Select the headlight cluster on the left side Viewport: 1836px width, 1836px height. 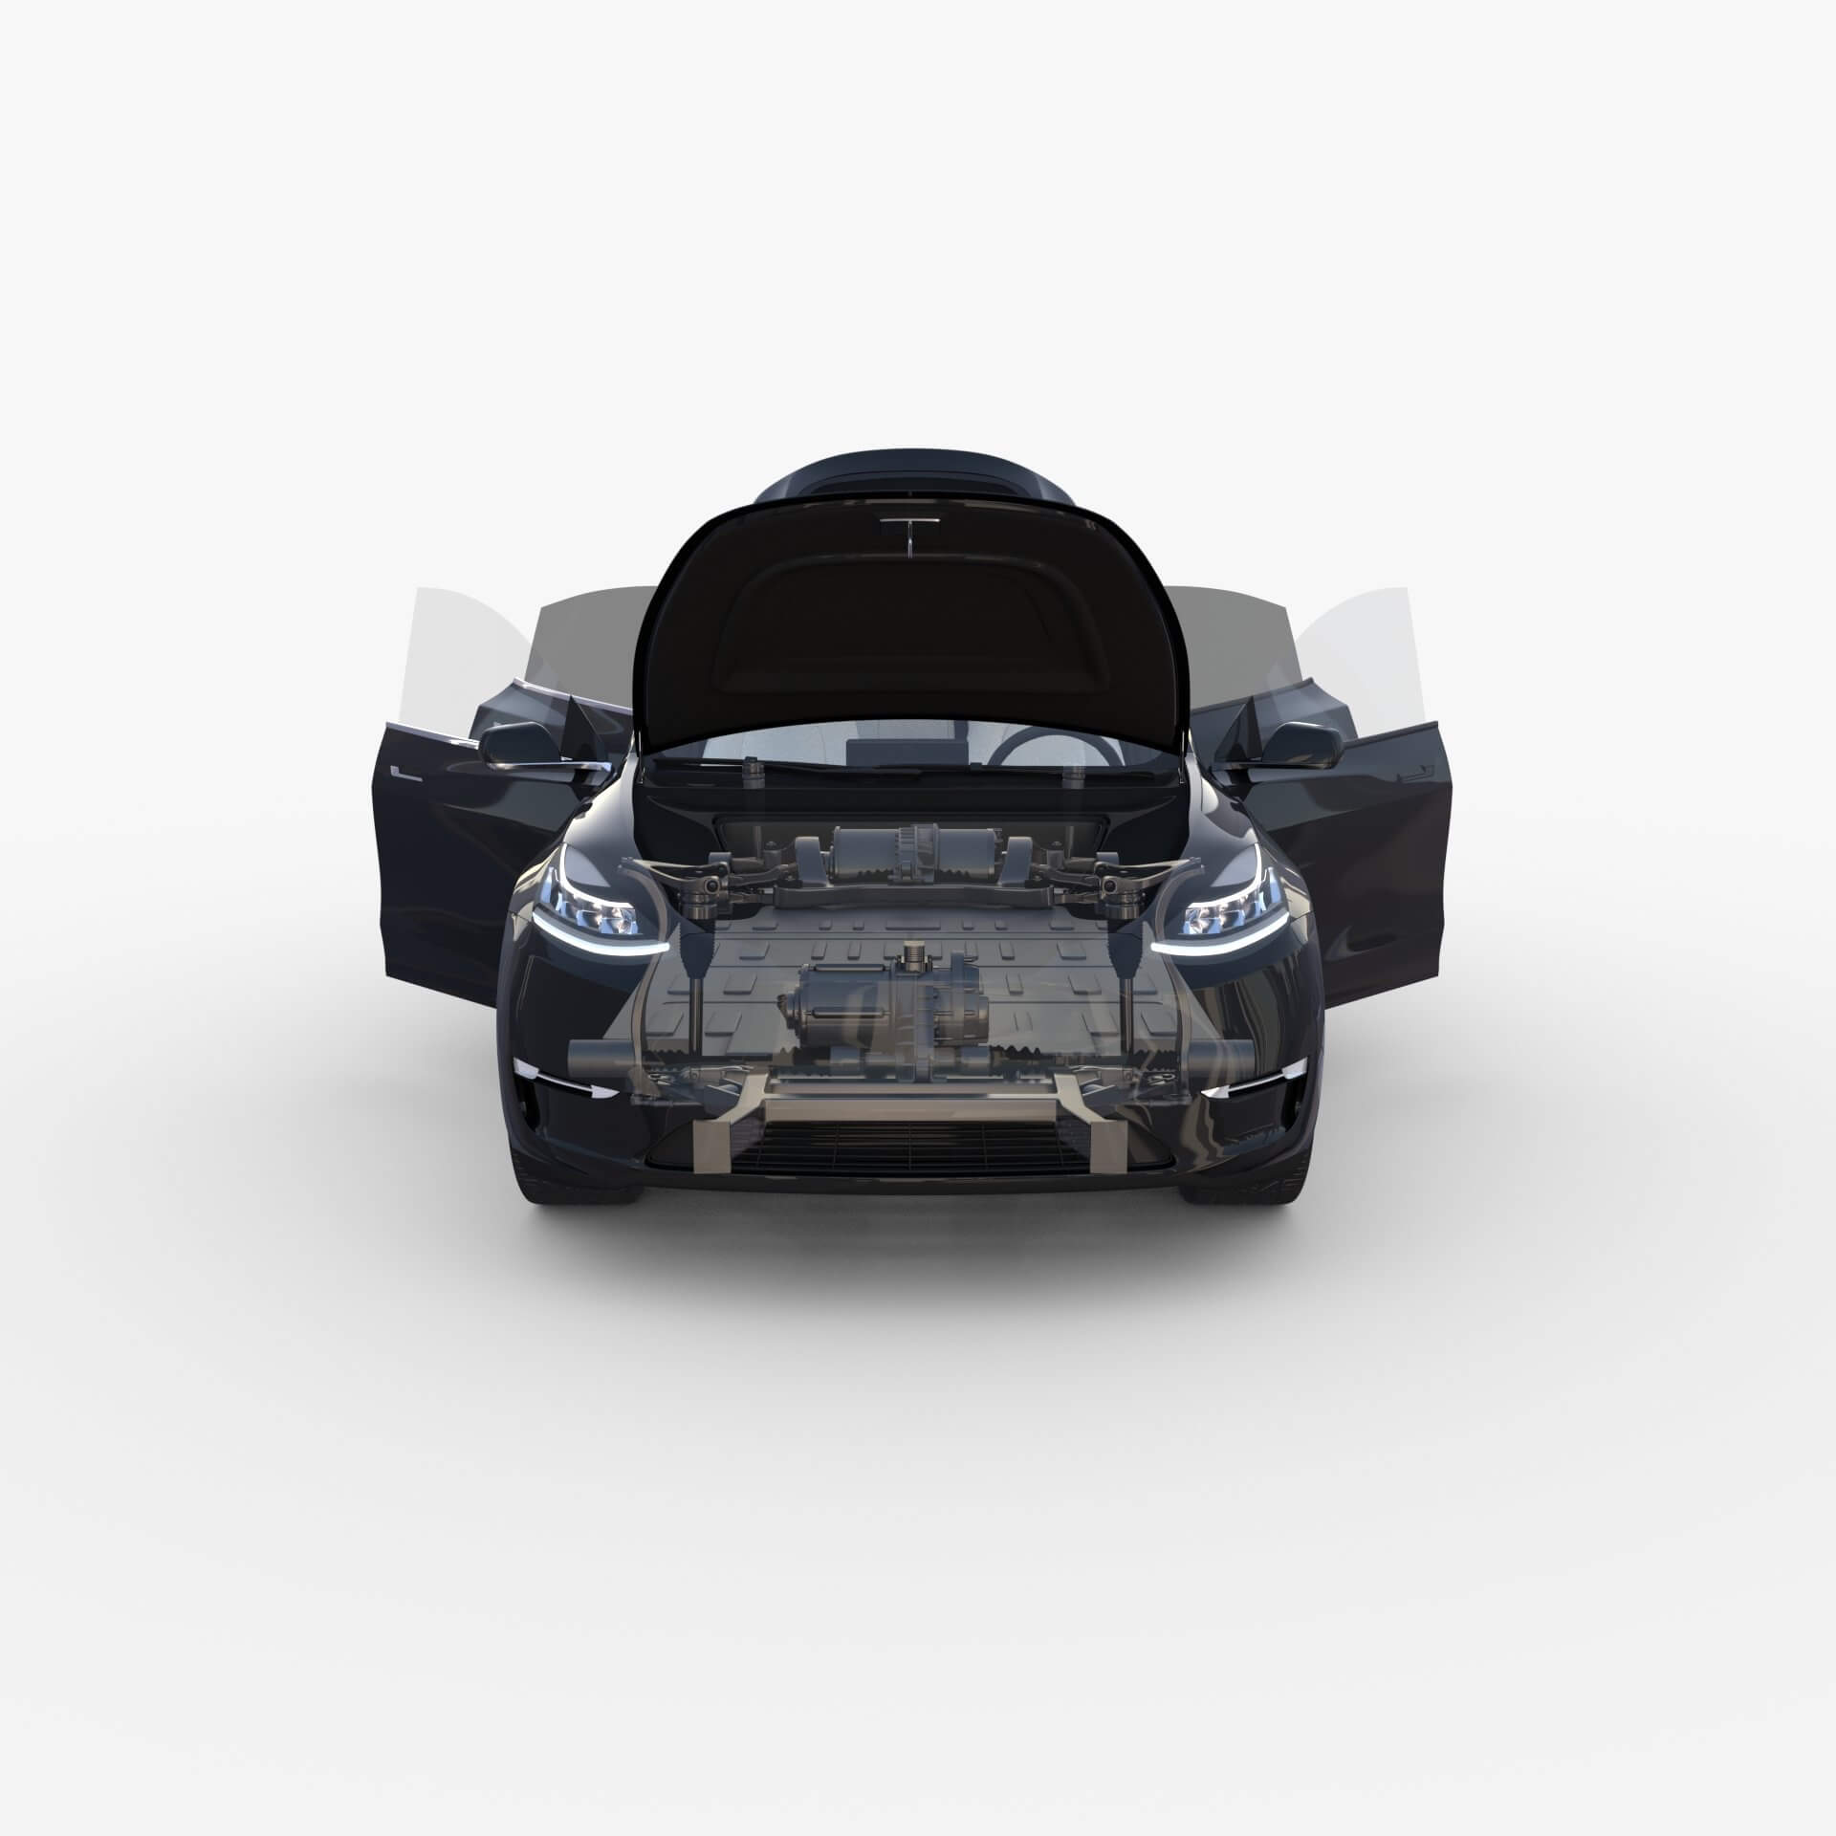tap(598, 896)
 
